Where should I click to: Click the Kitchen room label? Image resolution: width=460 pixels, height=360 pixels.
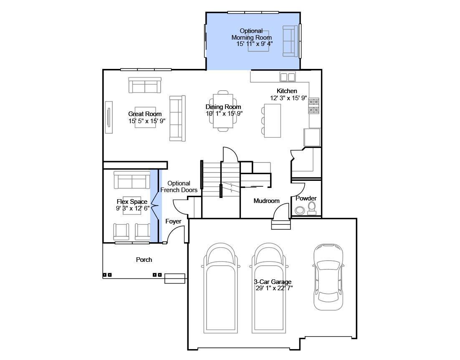pos(287,91)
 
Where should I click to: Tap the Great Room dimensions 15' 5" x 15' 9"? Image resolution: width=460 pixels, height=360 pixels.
pos(147,121)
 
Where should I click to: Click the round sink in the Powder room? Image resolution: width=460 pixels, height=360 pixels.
pos(300,210)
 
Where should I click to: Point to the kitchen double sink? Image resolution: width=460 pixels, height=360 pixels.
pos(288,77)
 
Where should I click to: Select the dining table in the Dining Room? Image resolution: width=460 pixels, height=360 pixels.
pos(223,111)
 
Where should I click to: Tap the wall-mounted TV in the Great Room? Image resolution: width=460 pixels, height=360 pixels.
pos(109,117)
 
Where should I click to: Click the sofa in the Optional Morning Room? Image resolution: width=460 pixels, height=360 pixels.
pos(290,41)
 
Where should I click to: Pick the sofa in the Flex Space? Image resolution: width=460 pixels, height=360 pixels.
pos(130,180)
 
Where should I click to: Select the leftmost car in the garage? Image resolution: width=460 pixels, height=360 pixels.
pos(221,288)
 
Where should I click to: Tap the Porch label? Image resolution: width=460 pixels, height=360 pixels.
pos(144,260)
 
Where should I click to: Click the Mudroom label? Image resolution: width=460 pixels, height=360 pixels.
pos(266,201)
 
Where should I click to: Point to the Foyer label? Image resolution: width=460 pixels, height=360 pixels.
pos(173,221)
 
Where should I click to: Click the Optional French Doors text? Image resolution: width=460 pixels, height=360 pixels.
pos(179,187)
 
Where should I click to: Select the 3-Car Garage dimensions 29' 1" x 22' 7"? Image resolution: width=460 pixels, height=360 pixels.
pos(274,288)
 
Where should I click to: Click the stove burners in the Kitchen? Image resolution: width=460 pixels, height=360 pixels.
pos(313,106)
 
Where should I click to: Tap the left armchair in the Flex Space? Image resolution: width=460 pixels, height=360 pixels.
pos(121,232)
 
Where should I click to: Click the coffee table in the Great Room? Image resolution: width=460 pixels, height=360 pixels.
pos(145,117)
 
